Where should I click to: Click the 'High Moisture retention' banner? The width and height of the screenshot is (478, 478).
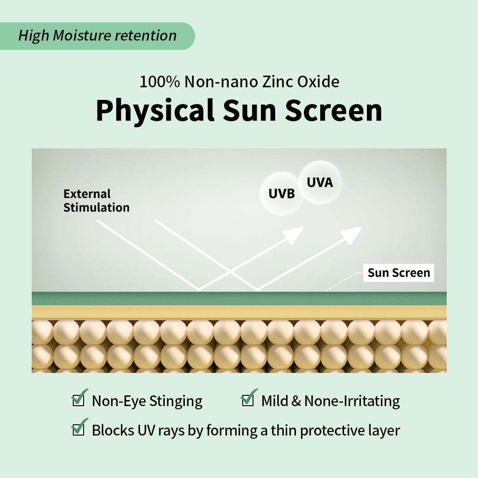click(x=97, y=36)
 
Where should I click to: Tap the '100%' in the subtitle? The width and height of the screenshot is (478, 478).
click(x=160, y=82)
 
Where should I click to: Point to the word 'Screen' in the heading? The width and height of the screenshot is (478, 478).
click(x=333, y=110)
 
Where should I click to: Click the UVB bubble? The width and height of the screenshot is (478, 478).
click(x=281, y=194)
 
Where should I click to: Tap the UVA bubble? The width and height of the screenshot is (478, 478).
click(x=320, y=183)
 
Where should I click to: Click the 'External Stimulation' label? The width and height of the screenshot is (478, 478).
click(x=96, y=201)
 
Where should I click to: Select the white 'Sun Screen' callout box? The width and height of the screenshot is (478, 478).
click(x=399, y=273)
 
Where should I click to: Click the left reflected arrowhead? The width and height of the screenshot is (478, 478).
click(x=293, y=234)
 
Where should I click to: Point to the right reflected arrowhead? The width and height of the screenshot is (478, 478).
click(x=351, y=234)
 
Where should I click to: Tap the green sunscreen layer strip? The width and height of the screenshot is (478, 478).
click(x=239, y=299)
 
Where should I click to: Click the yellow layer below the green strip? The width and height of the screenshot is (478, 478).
click(x=239, y=313)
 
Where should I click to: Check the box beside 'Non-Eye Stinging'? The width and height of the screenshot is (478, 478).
click(x=78, y=400)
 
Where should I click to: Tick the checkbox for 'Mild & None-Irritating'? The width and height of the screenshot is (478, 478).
click(x=247, y=400)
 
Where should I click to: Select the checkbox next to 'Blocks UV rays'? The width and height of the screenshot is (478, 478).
click(x=78, y=429)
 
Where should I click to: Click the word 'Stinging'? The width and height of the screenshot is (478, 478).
click(x=176, y=401)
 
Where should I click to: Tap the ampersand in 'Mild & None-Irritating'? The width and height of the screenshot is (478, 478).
click(x=296, y=401)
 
